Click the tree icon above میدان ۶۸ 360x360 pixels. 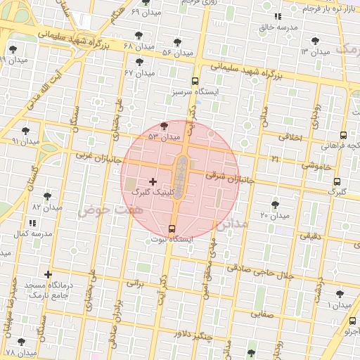point(137,35)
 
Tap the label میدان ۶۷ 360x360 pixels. point(139,72)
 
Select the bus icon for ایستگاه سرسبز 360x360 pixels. point(195,82)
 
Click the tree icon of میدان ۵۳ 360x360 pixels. point(164,126)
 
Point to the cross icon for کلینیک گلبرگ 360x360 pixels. point(153,181)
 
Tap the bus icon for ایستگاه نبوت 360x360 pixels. point(172,229)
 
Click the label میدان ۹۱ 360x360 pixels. point(25,141)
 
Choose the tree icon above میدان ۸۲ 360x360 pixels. point(47,196)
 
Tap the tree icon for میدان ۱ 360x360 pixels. point(340,294)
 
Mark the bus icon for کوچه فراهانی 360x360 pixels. point(343,135)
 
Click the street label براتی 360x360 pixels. point(134,284)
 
